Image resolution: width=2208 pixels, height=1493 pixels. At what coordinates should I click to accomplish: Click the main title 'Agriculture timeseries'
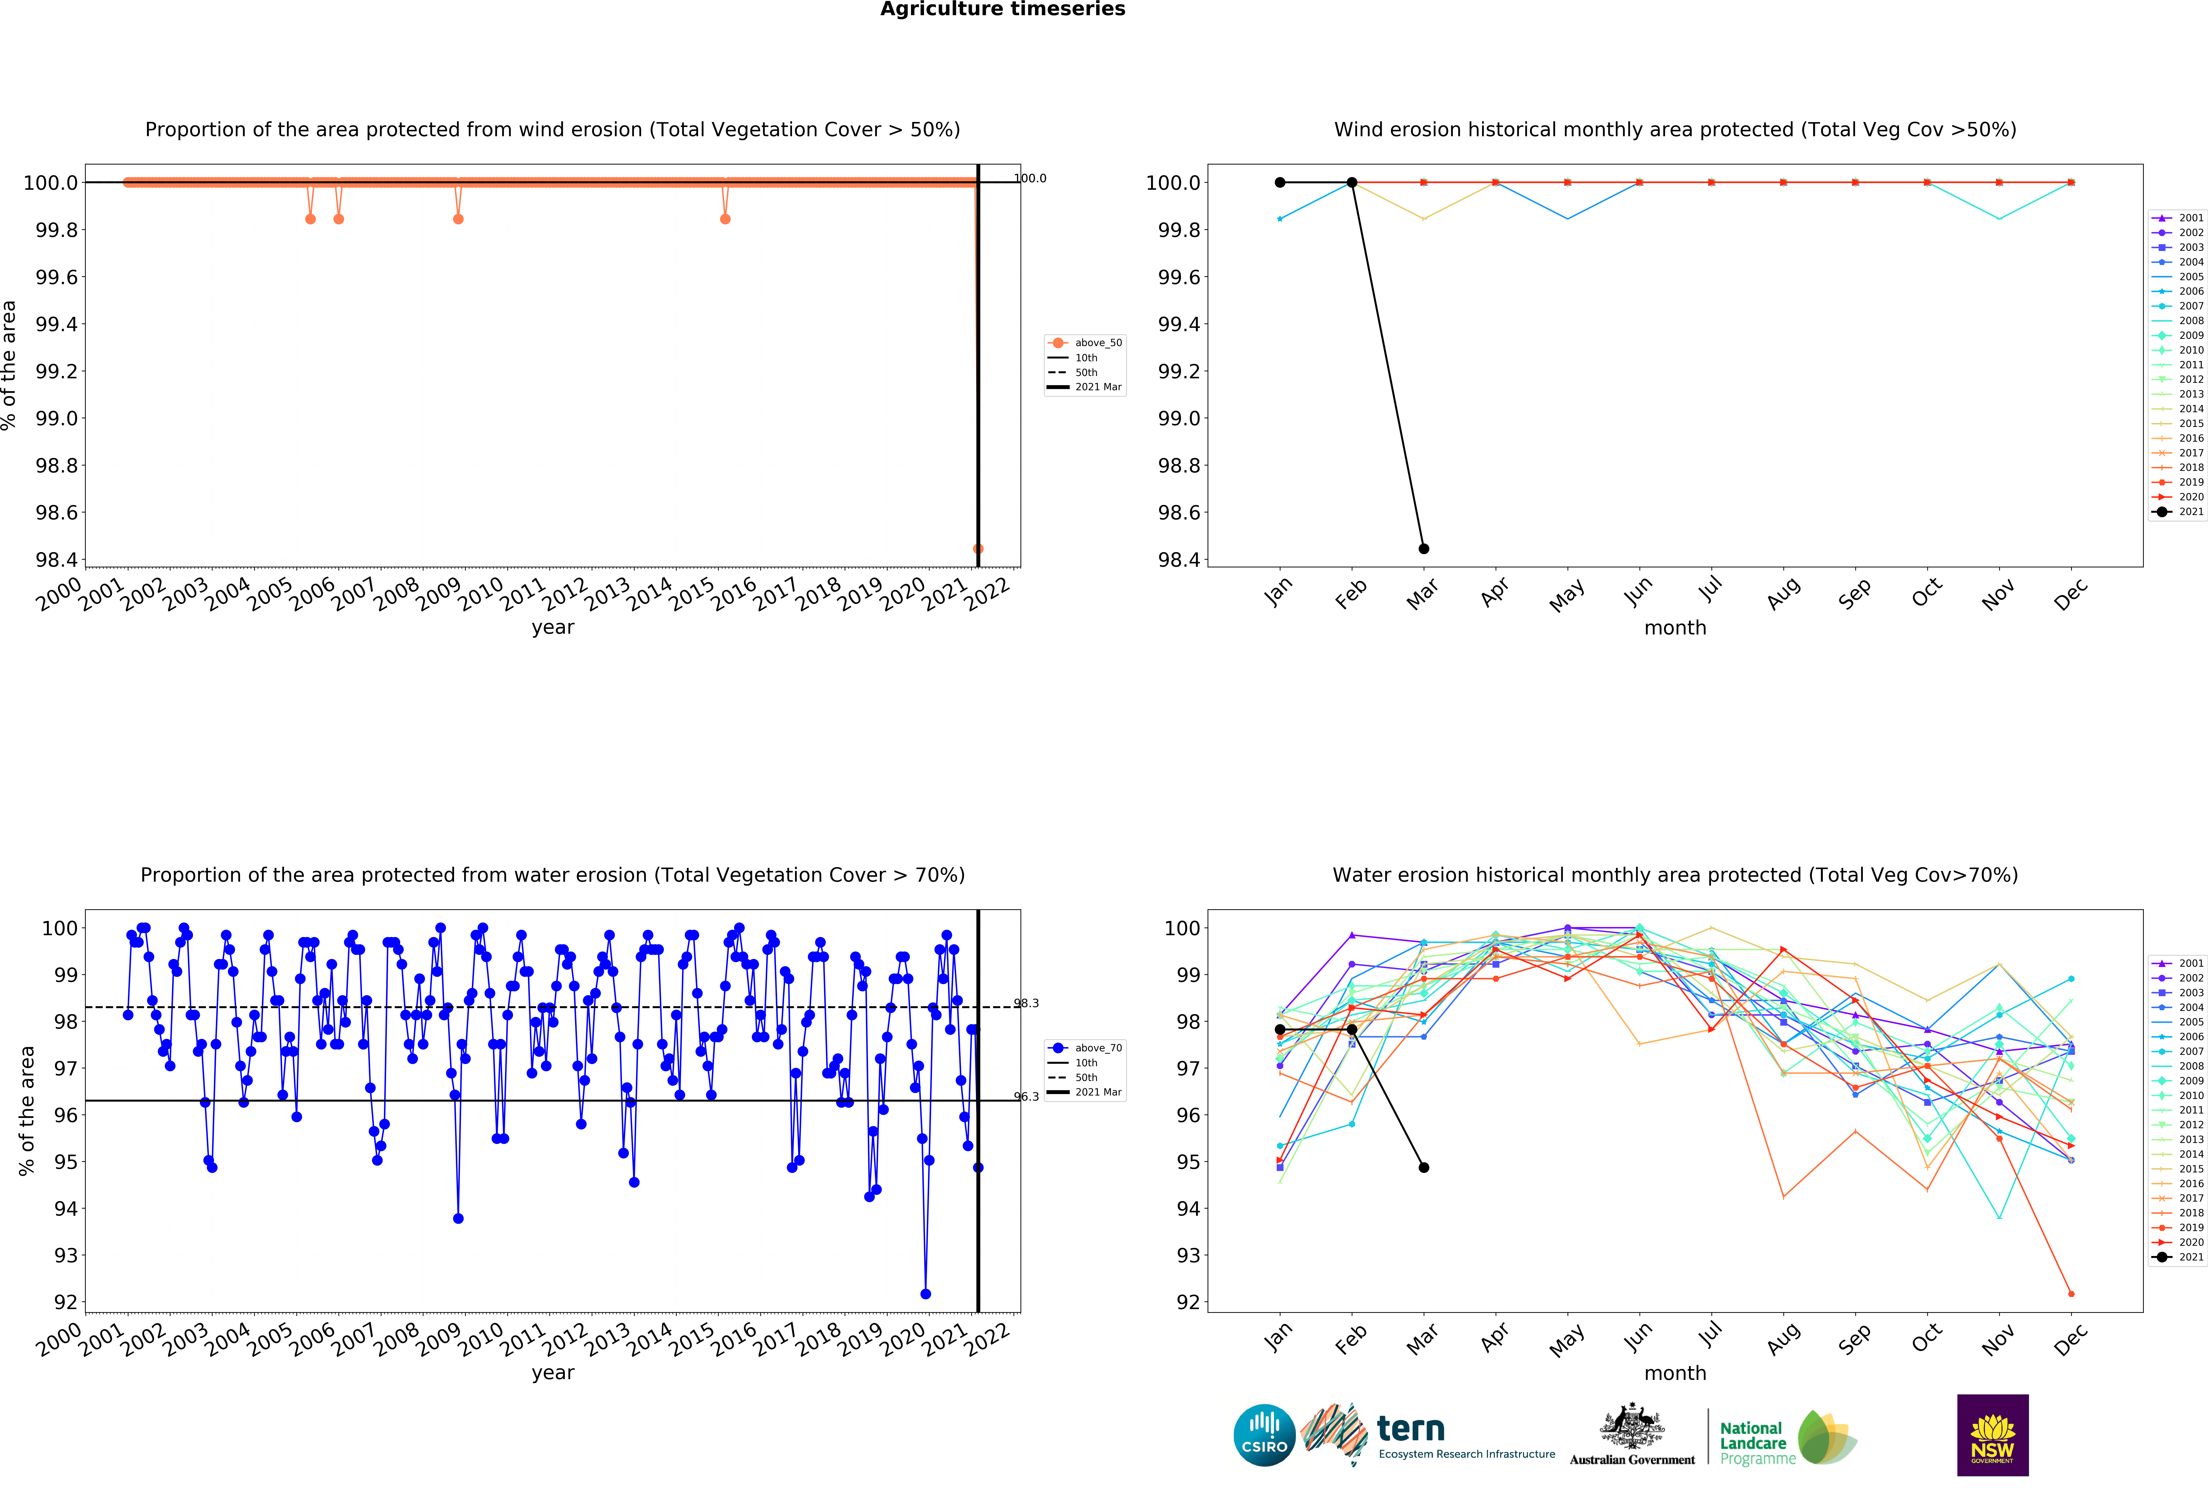(1002, 10)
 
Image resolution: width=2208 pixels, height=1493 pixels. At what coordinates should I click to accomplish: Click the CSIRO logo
(1265, 1435)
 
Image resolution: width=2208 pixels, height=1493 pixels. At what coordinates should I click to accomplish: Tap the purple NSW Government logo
(1992, 1435)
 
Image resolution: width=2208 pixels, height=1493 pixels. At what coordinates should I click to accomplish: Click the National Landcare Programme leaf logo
(1826, 1437)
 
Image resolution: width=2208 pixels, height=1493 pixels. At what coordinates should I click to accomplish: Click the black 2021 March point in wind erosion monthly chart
(1423, 548)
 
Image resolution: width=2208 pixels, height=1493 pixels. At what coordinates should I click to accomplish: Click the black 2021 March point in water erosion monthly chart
(1423, 1167)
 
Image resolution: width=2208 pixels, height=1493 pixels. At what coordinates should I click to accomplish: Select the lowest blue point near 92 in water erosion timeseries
(925, 1293)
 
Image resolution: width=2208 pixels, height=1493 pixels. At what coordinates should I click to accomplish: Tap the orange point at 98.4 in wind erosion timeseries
(978, 548)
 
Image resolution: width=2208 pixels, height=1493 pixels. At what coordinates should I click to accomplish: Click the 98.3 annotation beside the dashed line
(1026, 1003)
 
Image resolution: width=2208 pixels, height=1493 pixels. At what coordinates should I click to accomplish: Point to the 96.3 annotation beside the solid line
(1026, 1096)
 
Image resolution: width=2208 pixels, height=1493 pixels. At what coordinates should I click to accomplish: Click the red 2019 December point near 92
(2071, 1293)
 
